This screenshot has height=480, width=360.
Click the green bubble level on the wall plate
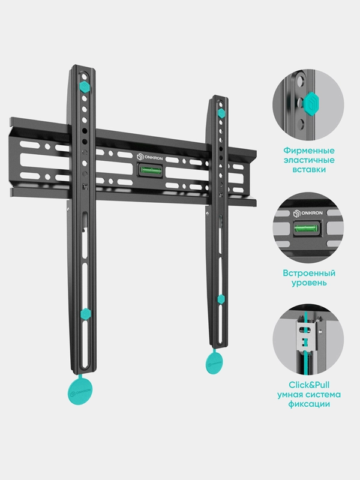150,170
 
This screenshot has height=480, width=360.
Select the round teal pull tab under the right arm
214,362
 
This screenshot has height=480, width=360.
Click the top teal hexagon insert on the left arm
85,86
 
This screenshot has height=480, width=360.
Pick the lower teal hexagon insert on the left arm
85,314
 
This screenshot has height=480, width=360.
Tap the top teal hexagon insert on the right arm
221,113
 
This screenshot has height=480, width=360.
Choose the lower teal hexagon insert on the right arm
220,299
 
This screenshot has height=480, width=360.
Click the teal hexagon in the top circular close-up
311,104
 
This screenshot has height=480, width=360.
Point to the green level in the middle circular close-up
306,229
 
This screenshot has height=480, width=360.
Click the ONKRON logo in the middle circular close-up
308,213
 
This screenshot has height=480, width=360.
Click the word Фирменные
309,151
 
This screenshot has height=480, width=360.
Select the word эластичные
309,160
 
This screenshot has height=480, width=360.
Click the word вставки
309,170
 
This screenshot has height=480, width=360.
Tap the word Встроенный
309,273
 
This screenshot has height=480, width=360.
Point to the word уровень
309,283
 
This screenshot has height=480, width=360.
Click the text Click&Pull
309,385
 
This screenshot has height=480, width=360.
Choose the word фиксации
309,404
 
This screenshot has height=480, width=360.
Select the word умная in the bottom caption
291,395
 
